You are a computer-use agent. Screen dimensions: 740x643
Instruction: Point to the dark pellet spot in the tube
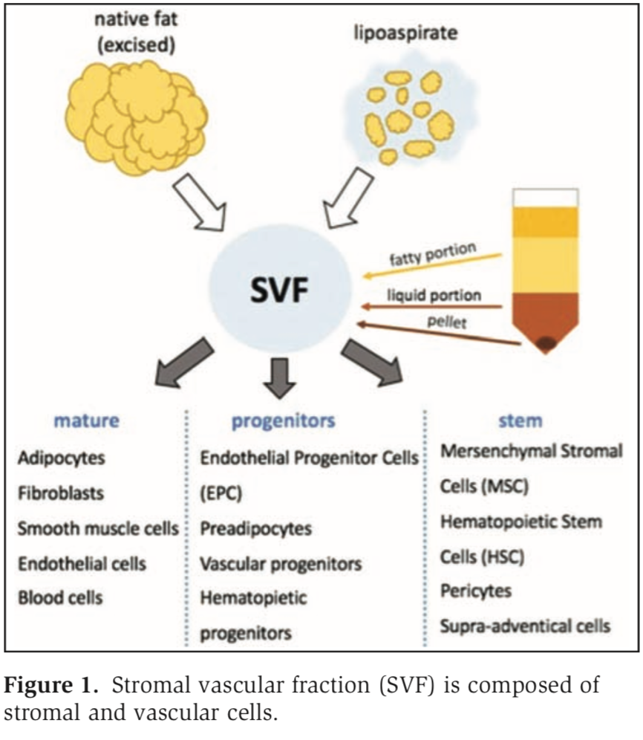[549, 343]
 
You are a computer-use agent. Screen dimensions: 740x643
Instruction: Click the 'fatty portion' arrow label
[431, 257]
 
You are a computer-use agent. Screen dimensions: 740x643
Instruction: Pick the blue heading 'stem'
[520, 421]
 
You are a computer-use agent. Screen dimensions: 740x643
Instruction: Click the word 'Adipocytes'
[62, 457]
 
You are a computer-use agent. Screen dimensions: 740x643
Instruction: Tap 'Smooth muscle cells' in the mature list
[98, 528]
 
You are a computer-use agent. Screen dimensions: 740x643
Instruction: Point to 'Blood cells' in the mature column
[60, 597]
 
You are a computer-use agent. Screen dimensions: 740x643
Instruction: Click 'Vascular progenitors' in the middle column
[281, 563]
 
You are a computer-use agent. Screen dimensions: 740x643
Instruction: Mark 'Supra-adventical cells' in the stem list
[525, 626]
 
